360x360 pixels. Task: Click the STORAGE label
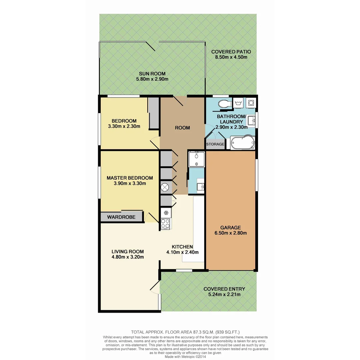coord(215,144)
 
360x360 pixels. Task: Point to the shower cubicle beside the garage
coord(196,159)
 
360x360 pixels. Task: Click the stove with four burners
coord(165,224)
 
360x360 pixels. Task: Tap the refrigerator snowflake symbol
coord(165,212)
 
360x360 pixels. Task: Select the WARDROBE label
coord(121,217)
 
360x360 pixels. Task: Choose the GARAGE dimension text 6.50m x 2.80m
coord(231,233)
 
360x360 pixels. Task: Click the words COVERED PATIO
coord(231,52)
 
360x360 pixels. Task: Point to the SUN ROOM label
coord(152,74)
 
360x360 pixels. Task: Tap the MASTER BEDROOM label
coord(130,178)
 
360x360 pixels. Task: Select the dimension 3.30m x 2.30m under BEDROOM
coord(124,126)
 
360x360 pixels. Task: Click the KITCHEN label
coord(182,247)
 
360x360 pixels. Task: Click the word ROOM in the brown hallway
coord(182,128)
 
